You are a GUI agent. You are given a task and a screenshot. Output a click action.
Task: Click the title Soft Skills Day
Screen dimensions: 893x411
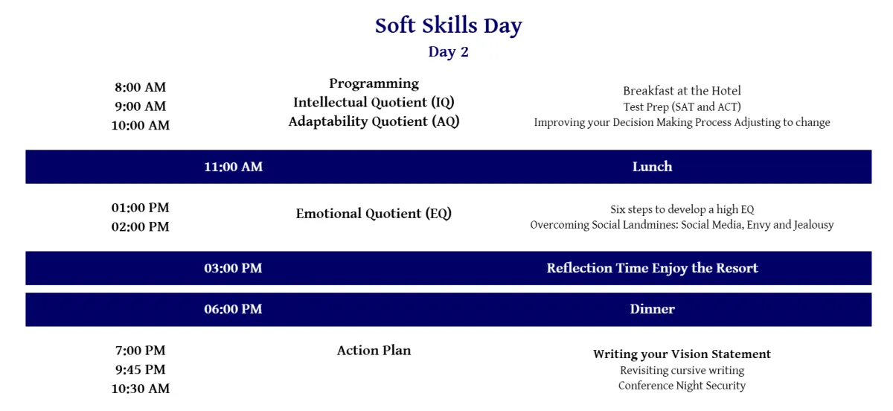click(449, 26)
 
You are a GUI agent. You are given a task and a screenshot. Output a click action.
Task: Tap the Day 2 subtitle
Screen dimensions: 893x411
click(449, 52)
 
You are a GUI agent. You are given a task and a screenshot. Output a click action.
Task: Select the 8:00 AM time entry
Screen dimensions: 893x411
click(141, 87)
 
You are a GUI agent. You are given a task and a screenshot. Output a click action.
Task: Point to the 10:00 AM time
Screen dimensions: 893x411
click(141, 125)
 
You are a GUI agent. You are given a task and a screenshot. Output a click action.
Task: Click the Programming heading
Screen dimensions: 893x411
click(374, 84)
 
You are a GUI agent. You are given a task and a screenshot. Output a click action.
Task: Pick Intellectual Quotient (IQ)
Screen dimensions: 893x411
click(374, 103)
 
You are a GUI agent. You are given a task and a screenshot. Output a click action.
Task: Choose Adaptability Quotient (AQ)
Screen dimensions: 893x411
click(374, 121)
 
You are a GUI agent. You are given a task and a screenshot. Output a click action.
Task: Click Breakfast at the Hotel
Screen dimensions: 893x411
click(682, 91)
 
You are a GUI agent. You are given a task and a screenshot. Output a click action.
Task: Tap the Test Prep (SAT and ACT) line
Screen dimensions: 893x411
click(682, 107)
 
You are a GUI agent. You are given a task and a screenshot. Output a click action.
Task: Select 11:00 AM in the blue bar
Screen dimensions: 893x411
click(233, 167)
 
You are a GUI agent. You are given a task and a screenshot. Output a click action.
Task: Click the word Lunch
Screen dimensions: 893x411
click(652, 167)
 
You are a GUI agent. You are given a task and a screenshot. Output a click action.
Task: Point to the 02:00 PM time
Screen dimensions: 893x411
click(141, 227)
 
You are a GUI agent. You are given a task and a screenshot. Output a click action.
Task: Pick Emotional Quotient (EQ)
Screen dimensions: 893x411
click(374, 214)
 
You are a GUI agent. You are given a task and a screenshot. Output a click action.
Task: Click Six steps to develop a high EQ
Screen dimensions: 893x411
click(682, 209)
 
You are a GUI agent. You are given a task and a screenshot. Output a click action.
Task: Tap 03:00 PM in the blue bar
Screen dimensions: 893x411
click(233, 268)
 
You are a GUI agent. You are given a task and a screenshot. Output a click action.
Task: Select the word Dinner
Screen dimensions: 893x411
click(652, 309)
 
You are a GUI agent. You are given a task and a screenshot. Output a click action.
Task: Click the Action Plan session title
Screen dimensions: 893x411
click(374, 351)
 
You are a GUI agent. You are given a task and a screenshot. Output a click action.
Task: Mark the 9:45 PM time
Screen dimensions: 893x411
click(141, 369)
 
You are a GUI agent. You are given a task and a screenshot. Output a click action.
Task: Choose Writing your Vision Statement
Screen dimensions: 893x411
click(682, 354)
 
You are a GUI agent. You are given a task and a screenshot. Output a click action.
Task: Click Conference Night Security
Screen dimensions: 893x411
click(682, 386)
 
